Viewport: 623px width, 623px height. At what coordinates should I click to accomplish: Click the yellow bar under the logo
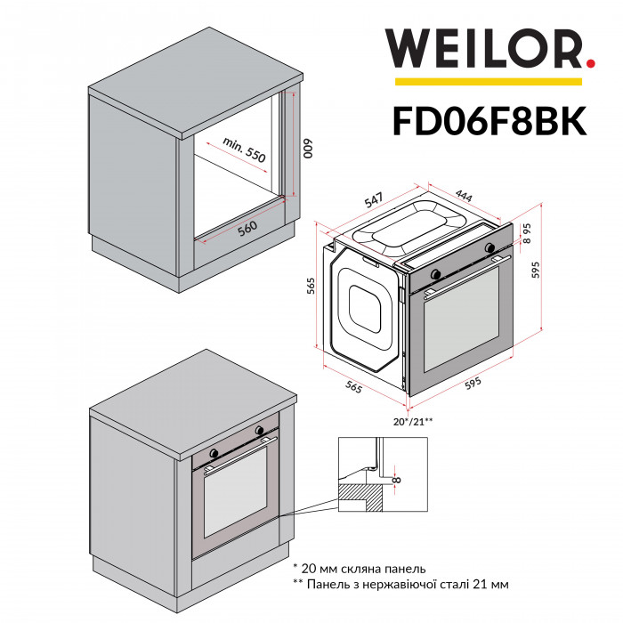pos(488,82)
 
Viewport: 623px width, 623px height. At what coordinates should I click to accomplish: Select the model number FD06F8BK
pos(489,119)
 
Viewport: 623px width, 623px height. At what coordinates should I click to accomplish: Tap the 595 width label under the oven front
pos(472,382)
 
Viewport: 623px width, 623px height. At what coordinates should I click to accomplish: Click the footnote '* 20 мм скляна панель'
pos(360,567)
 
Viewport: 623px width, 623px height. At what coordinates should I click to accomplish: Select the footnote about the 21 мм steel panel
pos(400,585)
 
